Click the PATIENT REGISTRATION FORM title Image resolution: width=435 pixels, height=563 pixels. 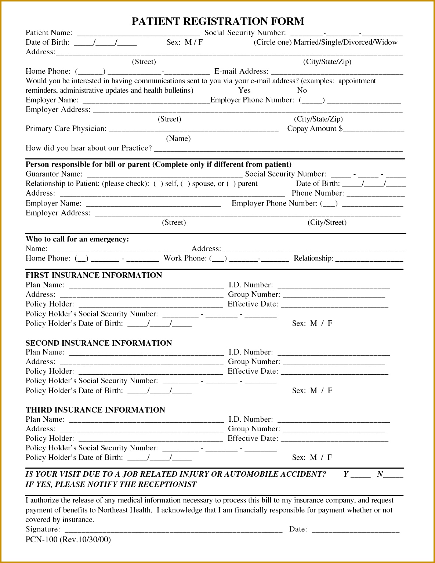[x=218, y=21]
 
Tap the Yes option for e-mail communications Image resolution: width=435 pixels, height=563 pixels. [x=244, y=90]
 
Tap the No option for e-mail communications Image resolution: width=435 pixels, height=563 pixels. [x=302, y=90]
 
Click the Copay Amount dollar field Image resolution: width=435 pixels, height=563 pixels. [x=373, y=129]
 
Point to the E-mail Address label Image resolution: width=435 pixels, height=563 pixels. [x=241, y=71]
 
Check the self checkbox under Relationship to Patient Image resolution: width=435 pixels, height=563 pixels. [x=158, y=184]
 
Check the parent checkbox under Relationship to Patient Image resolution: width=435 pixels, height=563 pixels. [x=231, y=184]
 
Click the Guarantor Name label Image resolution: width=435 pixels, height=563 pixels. [x=54, y=174]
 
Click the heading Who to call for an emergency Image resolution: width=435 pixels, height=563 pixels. [x=77, y=239]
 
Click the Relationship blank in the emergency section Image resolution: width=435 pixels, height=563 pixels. [x=369, y=259]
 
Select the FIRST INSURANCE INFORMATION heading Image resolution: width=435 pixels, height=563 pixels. [x=94, y=275]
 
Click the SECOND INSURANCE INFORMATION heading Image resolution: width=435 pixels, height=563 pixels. [x=98, y=343]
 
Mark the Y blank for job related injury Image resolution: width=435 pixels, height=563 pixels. [x=360, y=475]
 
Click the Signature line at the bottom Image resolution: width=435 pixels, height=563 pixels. [x=173, y=530]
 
